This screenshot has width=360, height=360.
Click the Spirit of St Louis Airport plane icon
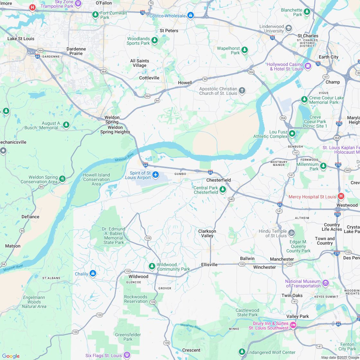tap(156, 175)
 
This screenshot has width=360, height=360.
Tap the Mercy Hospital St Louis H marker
tap(341, 196)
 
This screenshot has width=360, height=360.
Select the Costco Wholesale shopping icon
tap(191, 15)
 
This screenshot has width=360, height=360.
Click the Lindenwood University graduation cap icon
tap(289, 28)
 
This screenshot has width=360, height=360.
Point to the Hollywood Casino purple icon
tap(308, 66)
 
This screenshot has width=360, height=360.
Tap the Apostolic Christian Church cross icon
tap(242, 91)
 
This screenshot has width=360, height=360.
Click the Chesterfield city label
tap(219, 180)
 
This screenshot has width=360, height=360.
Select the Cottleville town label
tap(149, 78)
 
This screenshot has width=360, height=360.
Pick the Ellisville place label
tap(209, 265)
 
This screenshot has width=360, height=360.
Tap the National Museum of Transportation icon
tap(326, 283)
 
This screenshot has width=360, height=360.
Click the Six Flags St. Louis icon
tap(127, 355)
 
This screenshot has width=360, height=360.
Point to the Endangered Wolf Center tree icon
tap(242, 352)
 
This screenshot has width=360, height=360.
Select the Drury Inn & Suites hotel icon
tap(293, 325)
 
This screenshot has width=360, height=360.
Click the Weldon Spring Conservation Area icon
tap(62, 179)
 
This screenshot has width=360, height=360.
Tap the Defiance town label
tap(30, 217)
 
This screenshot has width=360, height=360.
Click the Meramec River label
tap(191, 327)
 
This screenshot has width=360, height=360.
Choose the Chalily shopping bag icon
tap(93, 273)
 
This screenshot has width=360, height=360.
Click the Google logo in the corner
tap(11, 356)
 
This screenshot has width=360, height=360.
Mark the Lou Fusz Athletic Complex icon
tap(292, 133)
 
